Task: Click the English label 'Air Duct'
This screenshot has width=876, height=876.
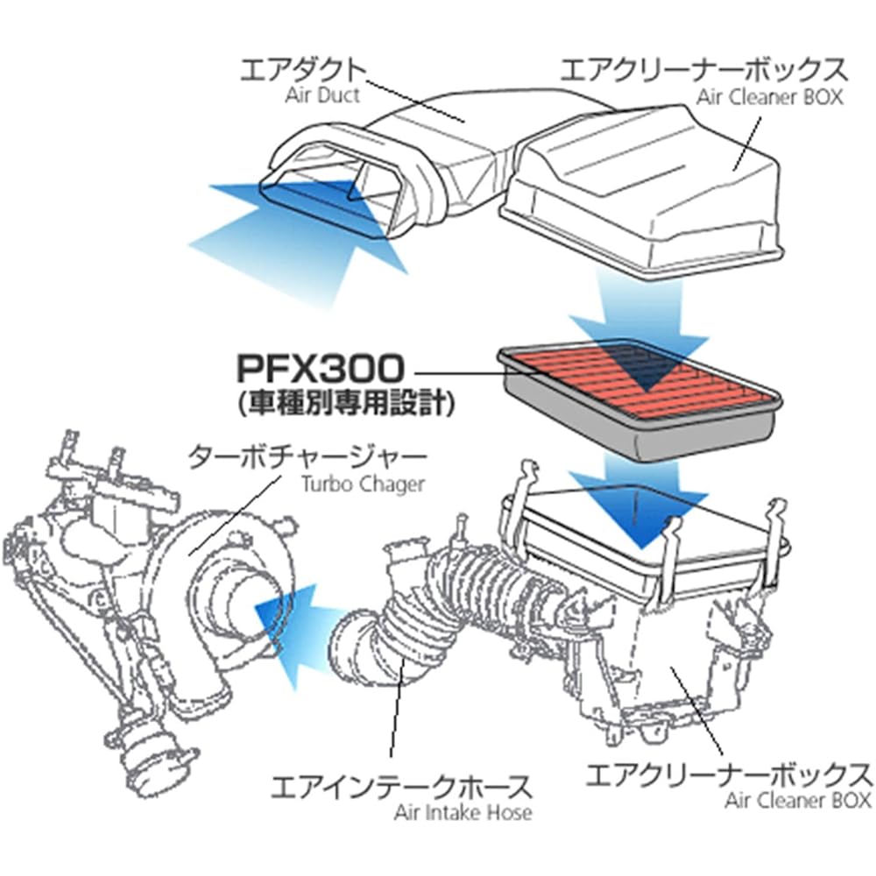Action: pos(322,95)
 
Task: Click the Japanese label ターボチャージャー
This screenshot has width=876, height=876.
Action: pos(308,457)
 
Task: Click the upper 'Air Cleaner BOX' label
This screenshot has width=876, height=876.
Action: pos(769,96)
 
